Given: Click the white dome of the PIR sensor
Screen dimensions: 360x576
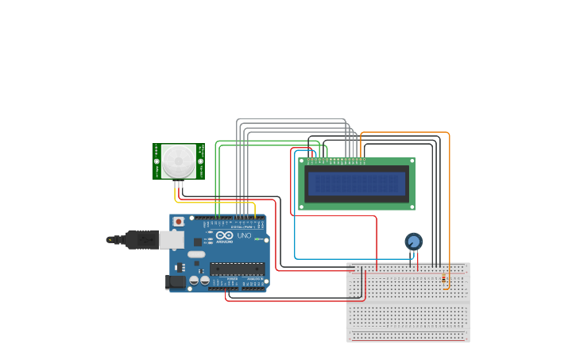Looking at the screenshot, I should (x=179, y=161).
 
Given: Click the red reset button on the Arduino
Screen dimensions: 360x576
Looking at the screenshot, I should (x=179, y=221).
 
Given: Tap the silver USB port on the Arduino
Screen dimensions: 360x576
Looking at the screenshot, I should (x=172, y=239).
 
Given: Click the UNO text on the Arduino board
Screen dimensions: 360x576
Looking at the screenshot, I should (x=244, y=236).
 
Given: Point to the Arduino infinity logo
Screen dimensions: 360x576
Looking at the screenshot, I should (x=225, y=236).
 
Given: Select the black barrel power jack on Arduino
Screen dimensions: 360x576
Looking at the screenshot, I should (x=174, y=281).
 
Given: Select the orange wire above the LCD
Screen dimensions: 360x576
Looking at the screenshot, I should (x=405, y=132).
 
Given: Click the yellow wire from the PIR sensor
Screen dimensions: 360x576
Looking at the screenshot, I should (x=215, y=203).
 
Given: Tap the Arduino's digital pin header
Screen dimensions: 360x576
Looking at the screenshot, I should (x=235, y=217).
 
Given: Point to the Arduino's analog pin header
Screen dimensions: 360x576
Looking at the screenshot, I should (x=254, y=288).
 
